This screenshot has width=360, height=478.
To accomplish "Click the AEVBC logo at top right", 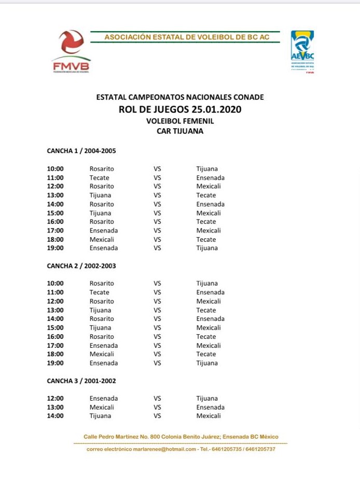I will (302, 51).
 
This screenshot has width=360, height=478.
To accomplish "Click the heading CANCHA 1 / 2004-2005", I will (81, 151).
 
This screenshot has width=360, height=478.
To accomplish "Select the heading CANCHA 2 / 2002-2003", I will (81, 266).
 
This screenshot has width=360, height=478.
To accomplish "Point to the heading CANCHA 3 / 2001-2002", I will (81, 381).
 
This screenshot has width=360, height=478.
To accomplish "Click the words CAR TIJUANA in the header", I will (180, 131).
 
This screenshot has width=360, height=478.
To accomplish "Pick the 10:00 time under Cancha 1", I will (56, 169).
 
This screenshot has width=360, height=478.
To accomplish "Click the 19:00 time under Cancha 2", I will (56, 363).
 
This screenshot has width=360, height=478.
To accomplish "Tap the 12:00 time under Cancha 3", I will (56, 399).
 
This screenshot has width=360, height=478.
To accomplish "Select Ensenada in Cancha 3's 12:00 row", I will (104, 399).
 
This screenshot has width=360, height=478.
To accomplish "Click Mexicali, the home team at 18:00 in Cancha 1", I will (102, 239).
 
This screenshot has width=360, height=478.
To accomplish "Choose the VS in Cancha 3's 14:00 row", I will (157, 416).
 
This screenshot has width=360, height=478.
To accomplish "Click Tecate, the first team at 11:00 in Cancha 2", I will (99, 292).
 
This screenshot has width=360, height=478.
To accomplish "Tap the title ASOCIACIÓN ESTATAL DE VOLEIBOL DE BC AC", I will (187, 37).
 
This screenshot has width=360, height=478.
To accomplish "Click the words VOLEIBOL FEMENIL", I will (180, 121).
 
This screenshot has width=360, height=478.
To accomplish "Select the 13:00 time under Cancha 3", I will (56, 407).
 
